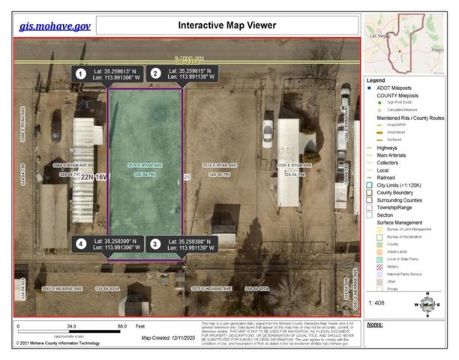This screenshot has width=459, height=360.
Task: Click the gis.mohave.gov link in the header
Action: pyautogui.click(x=55, y=25)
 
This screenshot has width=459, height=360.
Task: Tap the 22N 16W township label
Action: pyautogui.click(x=95, y=177)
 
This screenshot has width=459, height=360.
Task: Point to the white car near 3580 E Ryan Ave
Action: pyautogui.click(x=343, y=97)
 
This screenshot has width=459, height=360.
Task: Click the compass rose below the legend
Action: pyautogui.click(x=427, y=304)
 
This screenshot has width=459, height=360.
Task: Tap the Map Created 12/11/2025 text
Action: pyautogui.click(x=167, y=337)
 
